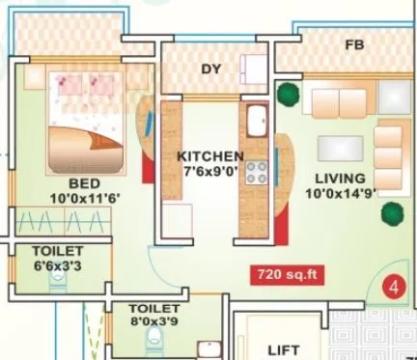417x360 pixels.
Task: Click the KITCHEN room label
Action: tap(209, 155)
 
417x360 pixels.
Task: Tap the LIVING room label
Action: tap(339, 179)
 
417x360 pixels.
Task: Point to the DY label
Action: tap(211, 69)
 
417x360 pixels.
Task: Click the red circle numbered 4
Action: tap(393, 286)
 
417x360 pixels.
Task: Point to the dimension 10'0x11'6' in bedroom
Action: tap(85, 199)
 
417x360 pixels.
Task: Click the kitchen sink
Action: tap(258, 124)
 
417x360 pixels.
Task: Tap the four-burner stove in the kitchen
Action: tap(258, 172)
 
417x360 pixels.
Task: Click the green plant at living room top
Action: tap(288, 94)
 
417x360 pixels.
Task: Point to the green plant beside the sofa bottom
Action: tap(391, 213)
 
